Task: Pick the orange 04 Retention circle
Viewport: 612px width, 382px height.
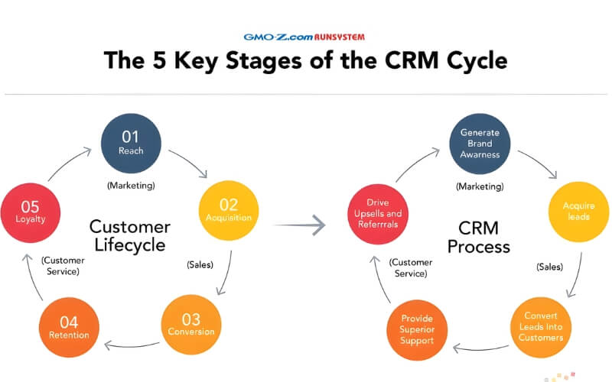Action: pos(69,326)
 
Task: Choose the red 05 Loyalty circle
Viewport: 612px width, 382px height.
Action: pos(31,211)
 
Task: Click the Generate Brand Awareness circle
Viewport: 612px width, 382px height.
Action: pos(480,144)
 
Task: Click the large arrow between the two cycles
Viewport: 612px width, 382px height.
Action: pos(300,225)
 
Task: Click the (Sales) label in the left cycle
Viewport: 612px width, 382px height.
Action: pos(200,264)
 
